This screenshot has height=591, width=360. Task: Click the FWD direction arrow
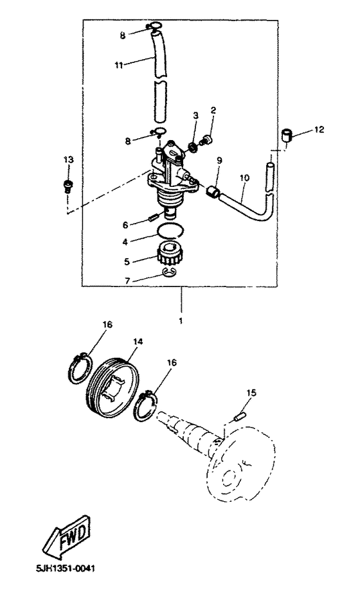[66, 538]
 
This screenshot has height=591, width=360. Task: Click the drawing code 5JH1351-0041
[66, 569]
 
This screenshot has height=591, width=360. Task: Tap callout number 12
[319, 130]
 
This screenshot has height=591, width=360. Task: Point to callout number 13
[68, 160]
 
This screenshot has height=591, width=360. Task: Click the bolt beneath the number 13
[68, 186]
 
